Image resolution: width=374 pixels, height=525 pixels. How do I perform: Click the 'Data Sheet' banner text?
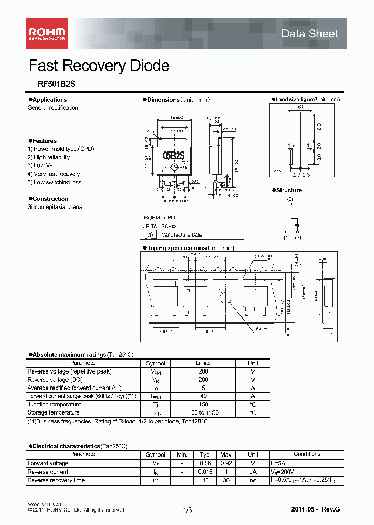tap(309, 34)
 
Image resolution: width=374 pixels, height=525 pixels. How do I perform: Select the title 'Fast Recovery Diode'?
tap(99, 66)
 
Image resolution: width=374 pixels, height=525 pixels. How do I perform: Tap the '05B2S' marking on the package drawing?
tap(175, 155)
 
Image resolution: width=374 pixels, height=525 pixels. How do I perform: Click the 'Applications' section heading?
tap(49, 100)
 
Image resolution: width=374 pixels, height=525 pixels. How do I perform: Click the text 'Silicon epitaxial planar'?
tap(56, 207)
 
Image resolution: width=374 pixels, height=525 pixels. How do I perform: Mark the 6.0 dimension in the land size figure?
tap(301, 106)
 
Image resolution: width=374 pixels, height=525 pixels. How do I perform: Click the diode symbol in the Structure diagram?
tap(297, 225)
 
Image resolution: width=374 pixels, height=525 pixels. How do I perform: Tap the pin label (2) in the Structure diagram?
tap(290, 199)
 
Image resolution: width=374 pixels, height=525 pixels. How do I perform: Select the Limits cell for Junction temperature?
tap(203, 405)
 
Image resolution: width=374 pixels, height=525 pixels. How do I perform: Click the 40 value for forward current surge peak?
tap(203, 396)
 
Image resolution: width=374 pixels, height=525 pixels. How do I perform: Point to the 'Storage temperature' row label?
tap(54, 413)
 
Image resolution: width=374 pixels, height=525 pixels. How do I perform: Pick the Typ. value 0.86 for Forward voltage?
tap(206, 463)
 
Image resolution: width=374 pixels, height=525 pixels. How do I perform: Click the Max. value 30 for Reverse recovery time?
tap(226, 480)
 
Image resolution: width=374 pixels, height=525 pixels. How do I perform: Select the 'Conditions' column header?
tap(307, 454)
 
